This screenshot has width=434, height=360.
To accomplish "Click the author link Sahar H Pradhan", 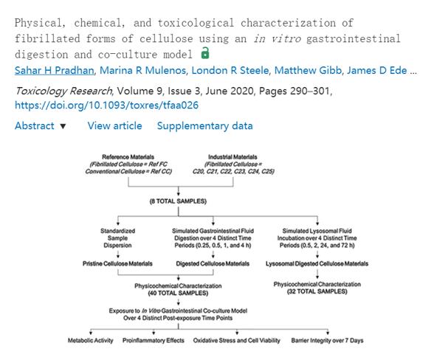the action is click(55, 70).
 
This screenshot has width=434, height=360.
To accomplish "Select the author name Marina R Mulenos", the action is click(142, 70).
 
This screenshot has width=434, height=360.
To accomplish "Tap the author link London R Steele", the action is click(230, 70).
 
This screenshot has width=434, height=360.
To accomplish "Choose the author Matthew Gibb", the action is click(308, 70).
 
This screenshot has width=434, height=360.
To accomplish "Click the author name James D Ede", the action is click(377, 70).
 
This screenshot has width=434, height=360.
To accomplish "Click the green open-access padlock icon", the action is click(205, 53).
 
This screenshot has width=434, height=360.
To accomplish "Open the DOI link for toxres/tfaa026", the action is click(106, 105).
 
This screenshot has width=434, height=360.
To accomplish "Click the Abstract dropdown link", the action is click(41, 126).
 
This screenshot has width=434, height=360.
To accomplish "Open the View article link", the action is click(115, 126).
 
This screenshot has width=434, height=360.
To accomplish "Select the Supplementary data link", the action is click(205, 126).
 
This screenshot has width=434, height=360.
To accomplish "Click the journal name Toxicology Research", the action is click(63, 91).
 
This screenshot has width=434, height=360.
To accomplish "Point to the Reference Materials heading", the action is click(128, 157).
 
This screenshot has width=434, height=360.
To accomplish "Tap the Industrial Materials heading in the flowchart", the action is click(232, 157).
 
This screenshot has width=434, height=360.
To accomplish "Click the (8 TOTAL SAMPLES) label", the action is click(178, 201).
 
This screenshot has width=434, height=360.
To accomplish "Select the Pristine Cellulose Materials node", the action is click(117, 263).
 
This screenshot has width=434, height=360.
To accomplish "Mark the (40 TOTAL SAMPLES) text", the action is click(178, 293).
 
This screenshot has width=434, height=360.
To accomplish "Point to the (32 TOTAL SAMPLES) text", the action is click(317, 291).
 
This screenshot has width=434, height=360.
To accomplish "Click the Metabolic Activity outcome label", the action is click(91, 340).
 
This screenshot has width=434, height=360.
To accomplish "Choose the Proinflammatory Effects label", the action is click(154, 340).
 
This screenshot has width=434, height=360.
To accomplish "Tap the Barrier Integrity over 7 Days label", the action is click(327, 340).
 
